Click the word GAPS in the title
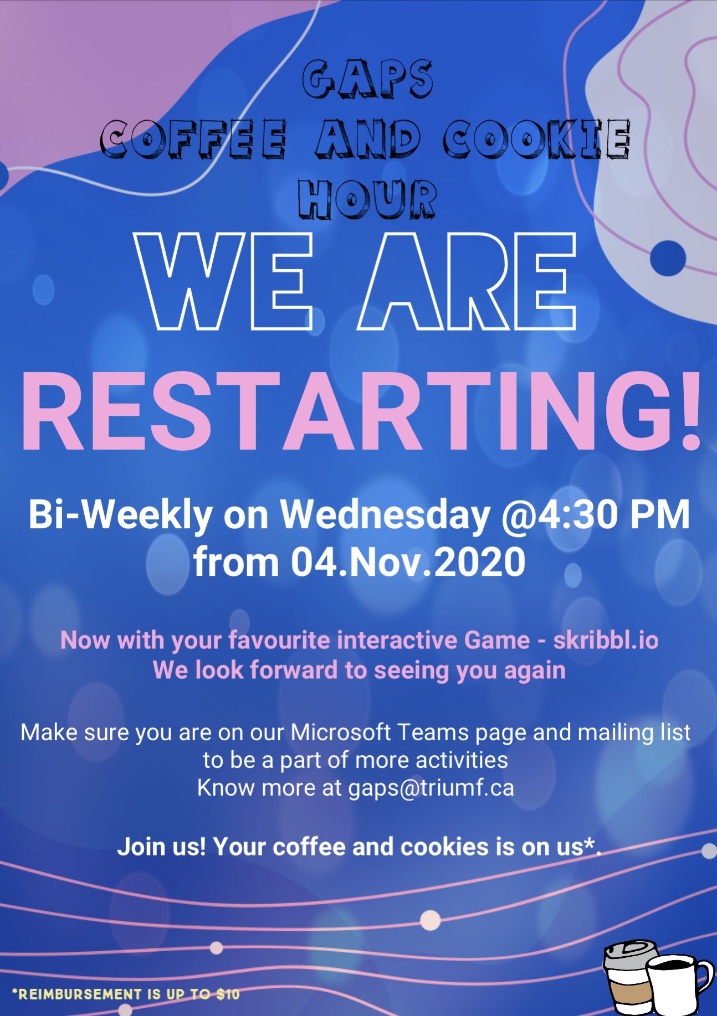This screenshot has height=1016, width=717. pyautogui.click(x=367, y=79)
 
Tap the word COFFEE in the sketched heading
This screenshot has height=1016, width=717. pyautogui.click(x=193, y=138)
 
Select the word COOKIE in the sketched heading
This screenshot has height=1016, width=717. pyautogui.click(x=536, y=138)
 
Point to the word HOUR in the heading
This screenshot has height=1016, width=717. pyautogui.click(x=367, y=198)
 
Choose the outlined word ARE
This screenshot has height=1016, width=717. pyautogui.click(x=467, y=281)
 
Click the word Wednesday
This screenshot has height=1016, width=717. pyautogui.click(x=385, y=514)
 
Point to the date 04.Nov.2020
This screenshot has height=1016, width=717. pyautogui.click(x=408, y=562)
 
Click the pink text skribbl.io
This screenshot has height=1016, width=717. pyautogui.click(x=606, y=640)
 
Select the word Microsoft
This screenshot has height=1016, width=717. pyautogui.click(x=341, y=732)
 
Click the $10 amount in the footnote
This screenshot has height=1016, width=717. pyautogui.click(x=228, y=994)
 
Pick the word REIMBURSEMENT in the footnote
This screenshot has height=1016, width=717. pyautogui.click(x=80, y=994)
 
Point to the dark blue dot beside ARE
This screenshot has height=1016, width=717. pyautogui.click(x=668, y=258)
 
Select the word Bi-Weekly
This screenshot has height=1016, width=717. pyautogui.click(x=121, y=514)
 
